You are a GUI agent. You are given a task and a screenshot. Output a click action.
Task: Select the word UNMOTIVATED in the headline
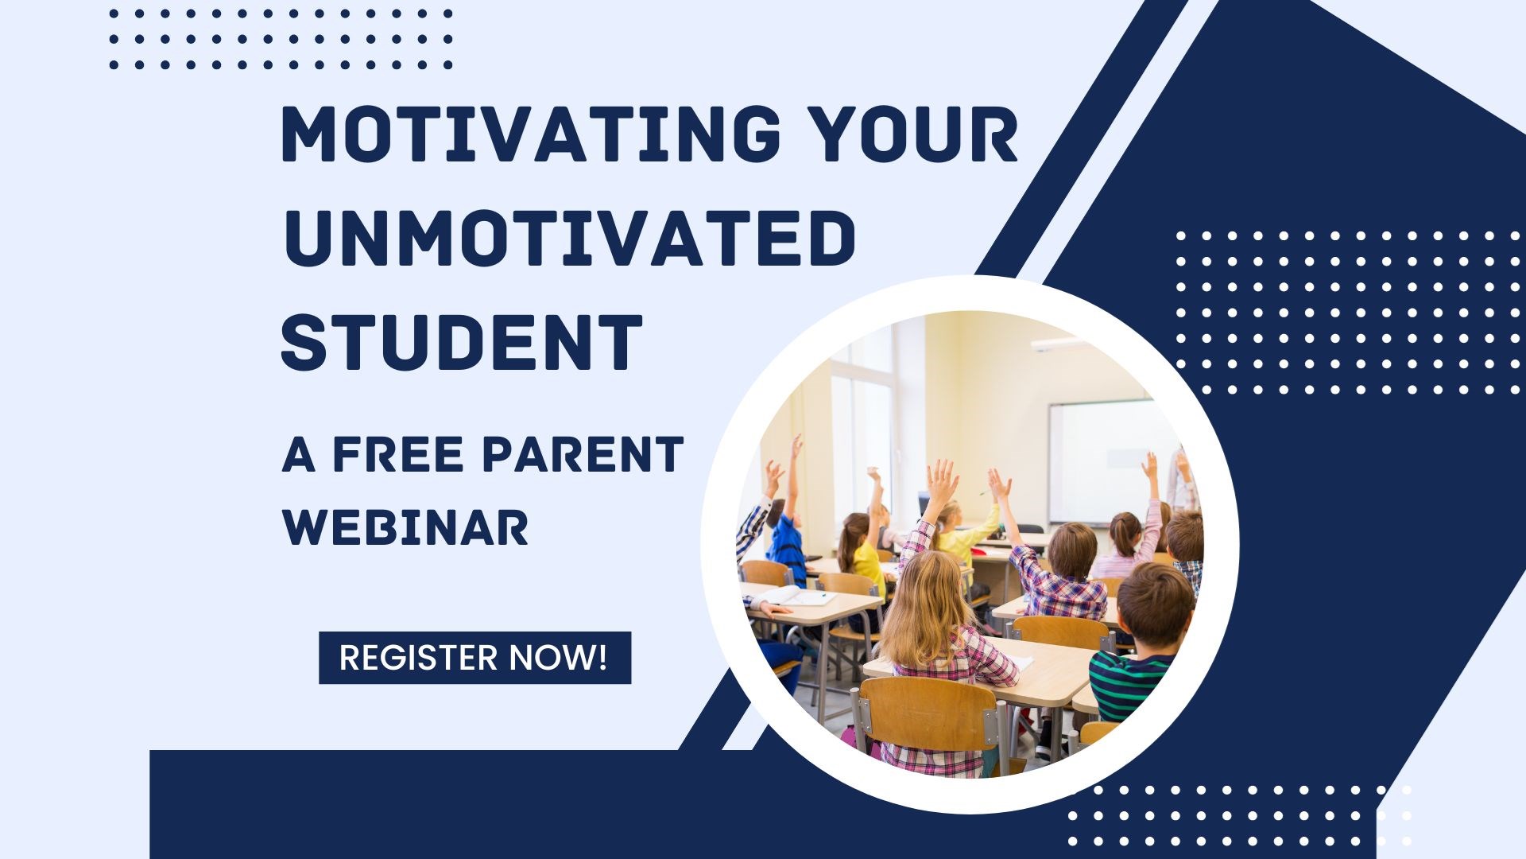[569, 238]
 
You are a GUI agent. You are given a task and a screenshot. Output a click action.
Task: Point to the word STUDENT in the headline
[462, 342]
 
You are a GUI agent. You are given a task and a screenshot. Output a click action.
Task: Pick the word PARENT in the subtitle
[583, 455]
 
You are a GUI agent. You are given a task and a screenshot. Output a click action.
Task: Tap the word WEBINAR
[405, 527]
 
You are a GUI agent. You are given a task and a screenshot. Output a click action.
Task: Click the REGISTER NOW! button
[474, 658]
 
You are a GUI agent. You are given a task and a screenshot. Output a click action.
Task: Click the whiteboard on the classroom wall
[1110, 461]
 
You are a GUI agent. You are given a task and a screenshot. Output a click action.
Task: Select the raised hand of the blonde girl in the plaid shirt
[943, 480]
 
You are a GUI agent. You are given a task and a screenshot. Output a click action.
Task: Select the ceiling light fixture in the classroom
[1057, 344]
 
